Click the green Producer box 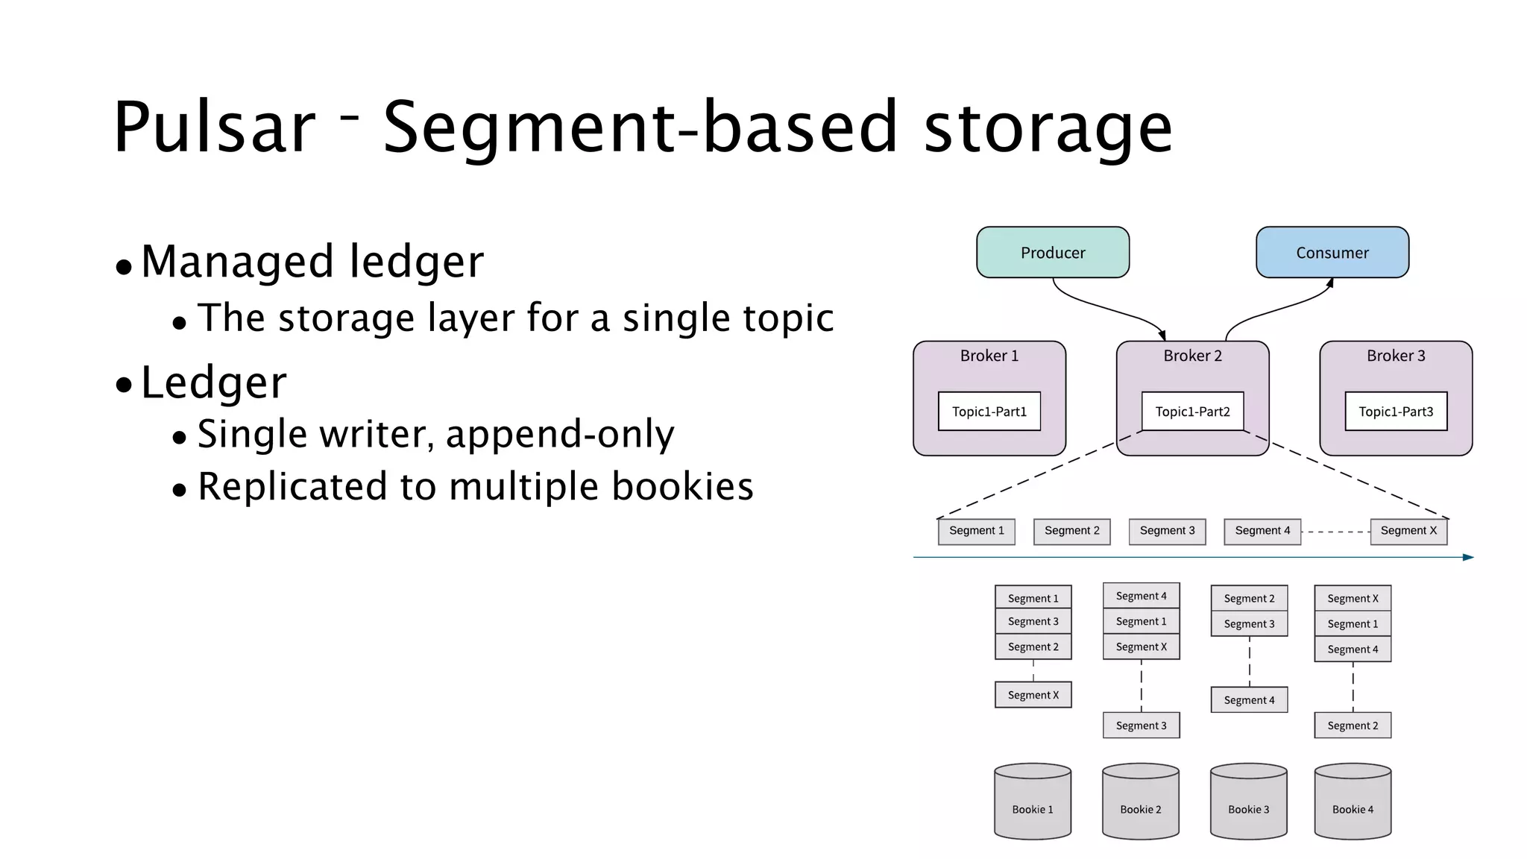coord(1052,253)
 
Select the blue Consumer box coord(1332,253)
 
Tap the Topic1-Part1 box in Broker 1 coord(989,412)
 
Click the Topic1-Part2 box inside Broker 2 coord(1192,412)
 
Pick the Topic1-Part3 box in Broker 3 coord(1395,412)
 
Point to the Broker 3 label coord(1395,356)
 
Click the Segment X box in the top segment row coord(1408,531)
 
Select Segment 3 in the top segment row coord(1166,531)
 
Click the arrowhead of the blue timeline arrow coord(1468,557)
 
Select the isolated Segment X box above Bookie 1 coord(1033,695)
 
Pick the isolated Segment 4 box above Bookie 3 coord(1249,700)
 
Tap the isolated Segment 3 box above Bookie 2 coord(1141,726)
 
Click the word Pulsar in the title coord(215,128)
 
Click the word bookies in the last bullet coord(682,486)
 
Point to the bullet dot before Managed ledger coord(124,267)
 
